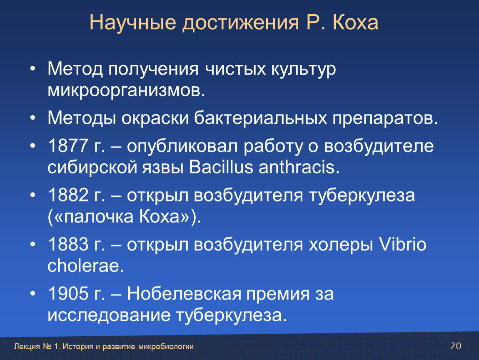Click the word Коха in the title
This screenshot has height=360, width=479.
point(355,22)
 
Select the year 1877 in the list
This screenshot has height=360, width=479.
point(68,145)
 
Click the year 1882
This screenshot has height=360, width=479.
point(68,195)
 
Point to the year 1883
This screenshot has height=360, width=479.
point(68,244)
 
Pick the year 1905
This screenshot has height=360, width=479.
point(68,293)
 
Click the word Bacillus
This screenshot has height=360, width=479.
point(221,167)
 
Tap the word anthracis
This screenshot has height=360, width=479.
point(299,167)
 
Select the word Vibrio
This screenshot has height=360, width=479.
point(403,244)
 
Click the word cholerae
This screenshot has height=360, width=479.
point(85,265)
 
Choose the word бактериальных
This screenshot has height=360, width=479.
point(261,118)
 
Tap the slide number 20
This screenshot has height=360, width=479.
point(456,346)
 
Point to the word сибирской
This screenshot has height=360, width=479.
point(92,167)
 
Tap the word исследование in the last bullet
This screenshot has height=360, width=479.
point(109,315)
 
